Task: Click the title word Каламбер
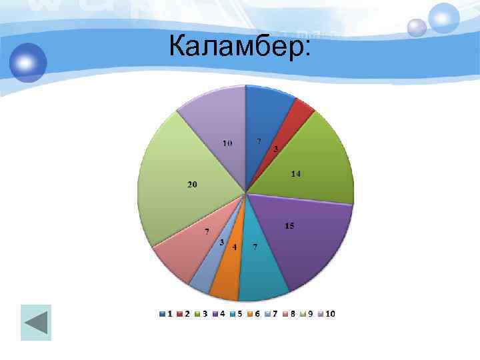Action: pos(239,47)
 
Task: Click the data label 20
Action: pos(192,185)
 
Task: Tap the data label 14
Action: pos(296,174)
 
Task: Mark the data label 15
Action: pos(289,226)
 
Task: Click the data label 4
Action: pos(234,247)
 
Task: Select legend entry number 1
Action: pos(166,313)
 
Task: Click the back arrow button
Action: pos(36,323)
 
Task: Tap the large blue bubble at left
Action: pos(28,63)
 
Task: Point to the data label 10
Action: pos(227,143)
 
